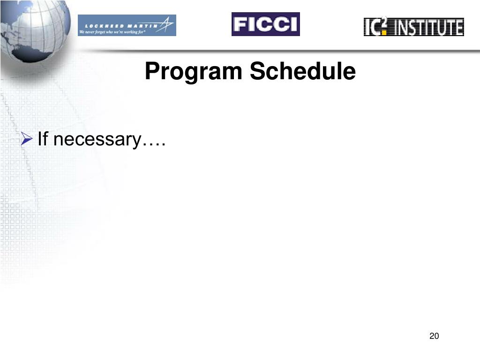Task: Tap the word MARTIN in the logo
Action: (144, 25)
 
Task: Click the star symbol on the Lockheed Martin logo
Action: (166, 23)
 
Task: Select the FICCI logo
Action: (265, 24)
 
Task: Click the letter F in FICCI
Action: (240, 24)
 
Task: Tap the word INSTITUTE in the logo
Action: (429, 27)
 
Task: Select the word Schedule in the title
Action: (302, 72)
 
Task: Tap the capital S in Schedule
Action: (256, 72)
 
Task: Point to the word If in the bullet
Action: (43, 139)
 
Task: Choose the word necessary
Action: (97, 140)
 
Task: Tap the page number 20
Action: (434, 336)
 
